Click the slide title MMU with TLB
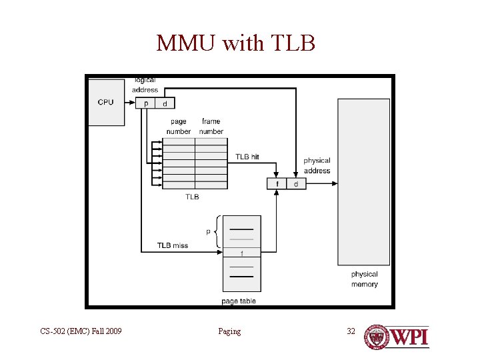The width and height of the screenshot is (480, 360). coord(235,43)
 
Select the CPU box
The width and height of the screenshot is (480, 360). coord(106,102)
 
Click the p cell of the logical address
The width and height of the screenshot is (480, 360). coord(145,103)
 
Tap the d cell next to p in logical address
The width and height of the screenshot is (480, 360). coord(165,103)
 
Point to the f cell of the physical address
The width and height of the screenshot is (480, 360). coord(277,183)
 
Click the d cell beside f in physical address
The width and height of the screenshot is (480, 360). coord(296,183)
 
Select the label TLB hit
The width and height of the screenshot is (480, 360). coord(247,157)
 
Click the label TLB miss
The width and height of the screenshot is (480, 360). coord(173,245)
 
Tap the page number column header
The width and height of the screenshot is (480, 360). coord(178,127)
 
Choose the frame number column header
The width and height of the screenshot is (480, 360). coord(211,127)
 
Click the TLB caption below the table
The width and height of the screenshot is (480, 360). coord(192,197)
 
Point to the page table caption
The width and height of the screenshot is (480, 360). coord(239,301)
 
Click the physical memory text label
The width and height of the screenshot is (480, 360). coord(364,279)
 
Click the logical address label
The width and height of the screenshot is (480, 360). coord(145,85)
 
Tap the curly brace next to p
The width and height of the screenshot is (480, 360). coord(219,232)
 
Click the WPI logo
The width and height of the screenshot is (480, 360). coord(396,337)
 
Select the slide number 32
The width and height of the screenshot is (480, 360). coord(351,331)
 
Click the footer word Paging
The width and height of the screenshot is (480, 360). coord(229,331)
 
